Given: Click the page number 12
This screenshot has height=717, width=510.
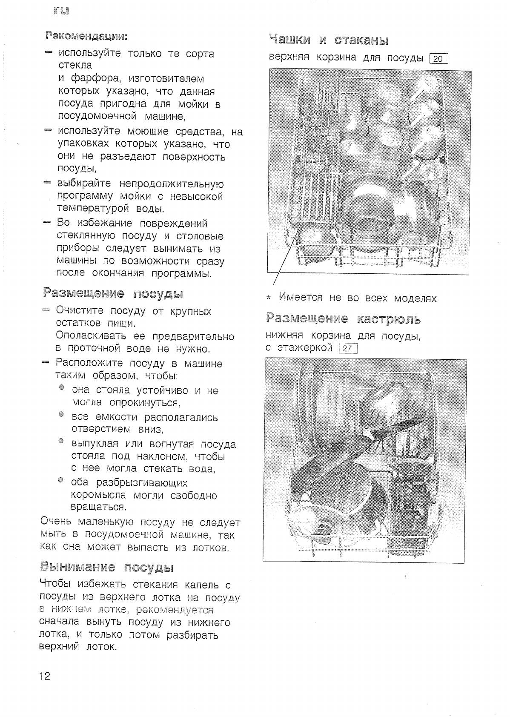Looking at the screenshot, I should click(x=45, y=676).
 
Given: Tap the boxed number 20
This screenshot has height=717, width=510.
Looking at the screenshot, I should click(x=438, y=59).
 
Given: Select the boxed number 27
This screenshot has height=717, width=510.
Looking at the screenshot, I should click(x=347, y=349).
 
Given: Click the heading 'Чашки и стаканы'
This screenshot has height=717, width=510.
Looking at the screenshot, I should click(x=329, y=40).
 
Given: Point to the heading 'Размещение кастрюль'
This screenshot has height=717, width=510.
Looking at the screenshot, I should click(x=343, y=319).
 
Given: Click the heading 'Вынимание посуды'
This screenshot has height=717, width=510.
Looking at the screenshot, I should click(x=107, y=567).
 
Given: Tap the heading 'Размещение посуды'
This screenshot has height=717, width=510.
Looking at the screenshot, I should click(x=113, y=293).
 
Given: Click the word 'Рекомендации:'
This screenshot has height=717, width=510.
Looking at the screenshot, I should click(x=86, y=36).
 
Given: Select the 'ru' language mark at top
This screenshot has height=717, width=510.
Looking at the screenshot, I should click(x=61, y=11).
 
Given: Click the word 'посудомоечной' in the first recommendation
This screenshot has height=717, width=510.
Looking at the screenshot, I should click(x=97, y=116).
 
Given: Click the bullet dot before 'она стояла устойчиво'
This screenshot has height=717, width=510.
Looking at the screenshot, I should click(x=62, y=387).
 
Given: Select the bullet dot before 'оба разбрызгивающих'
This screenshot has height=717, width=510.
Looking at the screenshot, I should click(x=61, y=480).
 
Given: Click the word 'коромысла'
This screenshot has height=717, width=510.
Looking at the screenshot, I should click(x=99, y=495).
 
